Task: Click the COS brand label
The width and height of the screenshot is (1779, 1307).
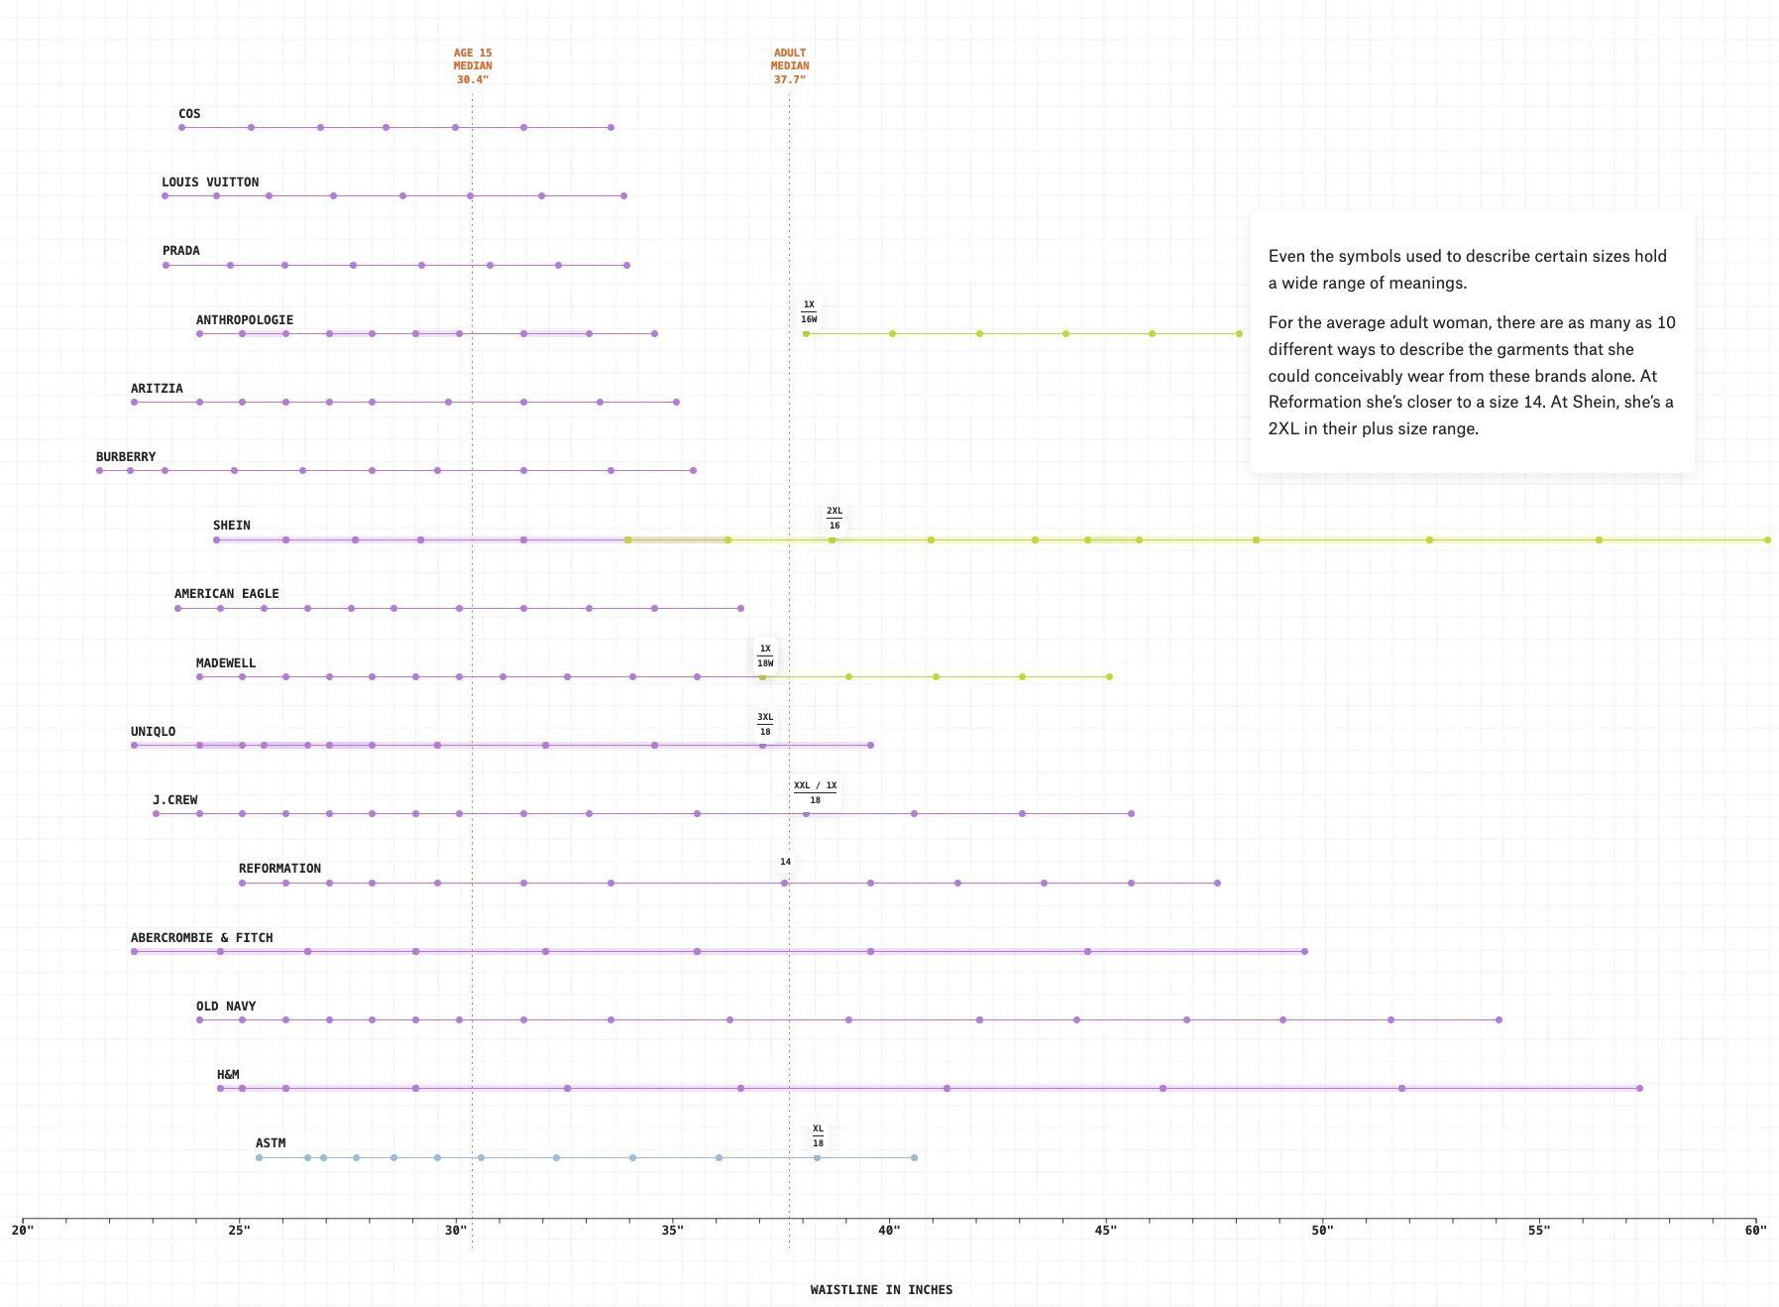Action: tap(189, 114)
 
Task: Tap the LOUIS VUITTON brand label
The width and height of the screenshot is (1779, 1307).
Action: tap(210, 182)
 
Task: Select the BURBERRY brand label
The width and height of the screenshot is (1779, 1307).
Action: tap(126, 457)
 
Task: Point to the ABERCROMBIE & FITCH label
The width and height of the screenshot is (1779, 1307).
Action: tap(201, 937)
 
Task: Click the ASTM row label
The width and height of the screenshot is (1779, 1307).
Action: tap(271, 1143)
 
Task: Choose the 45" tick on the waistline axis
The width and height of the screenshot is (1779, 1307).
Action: tap(1106, 1231)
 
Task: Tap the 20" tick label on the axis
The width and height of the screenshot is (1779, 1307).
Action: tap(22, 1231)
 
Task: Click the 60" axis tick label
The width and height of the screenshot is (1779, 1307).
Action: tap(1755, 1231)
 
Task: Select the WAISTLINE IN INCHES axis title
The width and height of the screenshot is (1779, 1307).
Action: tap(881, 1290)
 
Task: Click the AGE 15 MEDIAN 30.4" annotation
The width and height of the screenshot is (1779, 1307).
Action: tap(473, 66)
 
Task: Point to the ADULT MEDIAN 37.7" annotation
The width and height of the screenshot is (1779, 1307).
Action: tap(790, 66)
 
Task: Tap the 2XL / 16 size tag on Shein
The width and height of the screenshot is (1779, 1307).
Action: tap(834, 519)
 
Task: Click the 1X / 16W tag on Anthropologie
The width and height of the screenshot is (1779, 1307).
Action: tap(809, 312)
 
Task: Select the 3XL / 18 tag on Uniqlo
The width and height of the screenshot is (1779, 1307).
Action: tap(765, 725)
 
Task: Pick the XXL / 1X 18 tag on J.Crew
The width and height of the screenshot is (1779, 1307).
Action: tap(815, 792)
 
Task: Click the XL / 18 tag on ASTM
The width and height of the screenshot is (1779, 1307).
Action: tap(818, 1136)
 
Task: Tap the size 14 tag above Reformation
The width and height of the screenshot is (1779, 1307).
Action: tap(785, 862)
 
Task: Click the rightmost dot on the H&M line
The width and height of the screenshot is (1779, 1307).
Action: tap(1639, 1089)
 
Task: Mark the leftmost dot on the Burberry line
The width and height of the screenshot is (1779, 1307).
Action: tap(99, 471)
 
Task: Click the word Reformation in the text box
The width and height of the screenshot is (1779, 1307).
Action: tap(1314, 403)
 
